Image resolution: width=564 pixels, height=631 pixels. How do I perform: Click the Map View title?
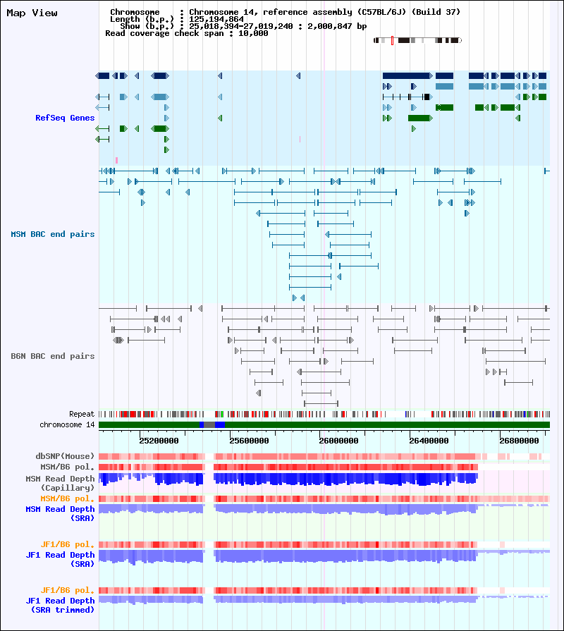point(32,13)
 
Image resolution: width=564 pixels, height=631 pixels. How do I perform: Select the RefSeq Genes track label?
point(65,118)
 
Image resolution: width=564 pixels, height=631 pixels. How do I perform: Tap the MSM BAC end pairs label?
point(53,234)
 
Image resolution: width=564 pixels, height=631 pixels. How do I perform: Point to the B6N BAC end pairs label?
point(53,356)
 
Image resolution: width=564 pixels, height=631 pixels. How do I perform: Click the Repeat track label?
point(82,414)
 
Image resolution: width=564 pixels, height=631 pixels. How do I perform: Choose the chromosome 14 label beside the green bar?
point(67,424)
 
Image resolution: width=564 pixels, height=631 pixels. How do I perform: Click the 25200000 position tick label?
point(159,441)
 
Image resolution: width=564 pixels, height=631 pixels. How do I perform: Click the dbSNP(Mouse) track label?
point(65,456)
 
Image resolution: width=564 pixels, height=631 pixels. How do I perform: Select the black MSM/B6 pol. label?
point(67,467)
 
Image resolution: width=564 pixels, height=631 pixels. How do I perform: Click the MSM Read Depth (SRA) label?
point(60,513)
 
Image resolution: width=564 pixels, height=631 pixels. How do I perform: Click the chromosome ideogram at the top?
point(417,41)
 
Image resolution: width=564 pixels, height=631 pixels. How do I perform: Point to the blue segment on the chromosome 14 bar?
point(220,424)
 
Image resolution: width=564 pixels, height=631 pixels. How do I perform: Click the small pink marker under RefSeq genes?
point(116,161)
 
